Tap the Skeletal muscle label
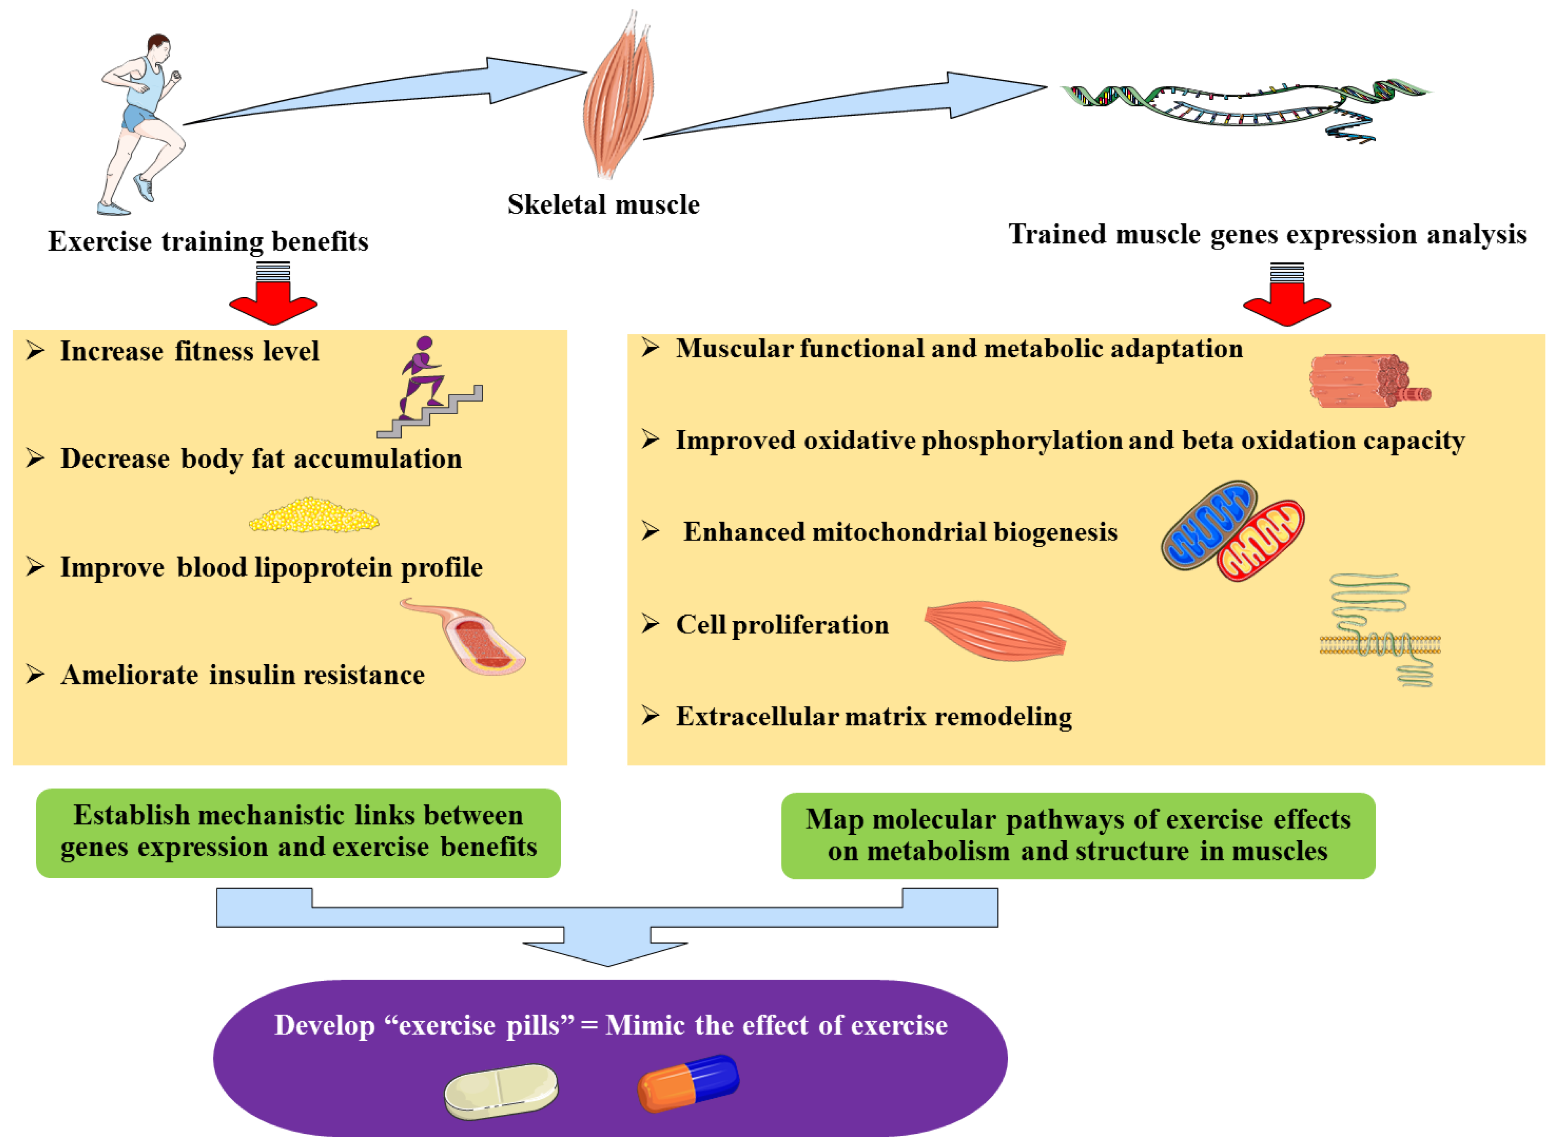tap(603, 205)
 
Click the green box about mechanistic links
tap(298, 832)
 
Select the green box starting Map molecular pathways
tap(1078, 835)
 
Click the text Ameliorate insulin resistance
tap(243, 675)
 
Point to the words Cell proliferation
tap(782, 625)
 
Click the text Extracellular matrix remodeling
tap(874, 717)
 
